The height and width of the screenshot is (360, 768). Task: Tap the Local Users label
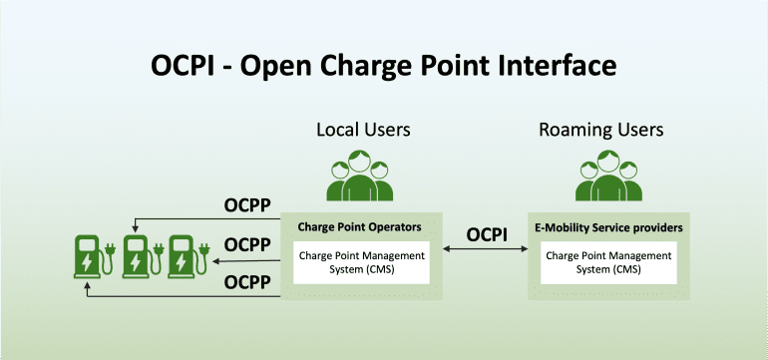[363, 130]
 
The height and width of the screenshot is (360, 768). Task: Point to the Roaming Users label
[600, 130]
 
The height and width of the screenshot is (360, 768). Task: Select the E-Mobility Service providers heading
[608, 227]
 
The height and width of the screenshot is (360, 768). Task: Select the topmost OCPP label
[248, 207]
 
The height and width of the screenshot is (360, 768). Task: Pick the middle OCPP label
[248, 244]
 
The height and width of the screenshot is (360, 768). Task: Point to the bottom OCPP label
[248, 282]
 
